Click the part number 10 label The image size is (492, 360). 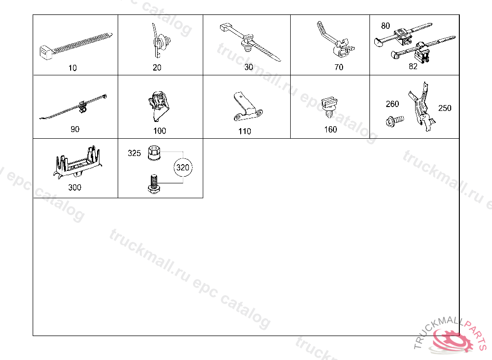(x=73, y=68)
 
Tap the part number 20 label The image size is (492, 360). (x=157, y=67)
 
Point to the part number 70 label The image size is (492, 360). (x=339, y=67)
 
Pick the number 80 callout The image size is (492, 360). (x=385, y=26)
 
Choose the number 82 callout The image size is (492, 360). (x=413, y=66)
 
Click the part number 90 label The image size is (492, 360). (x=75, y=129)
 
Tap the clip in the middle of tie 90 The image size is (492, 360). (x=83, y=107)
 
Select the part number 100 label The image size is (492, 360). (x=160, y=131)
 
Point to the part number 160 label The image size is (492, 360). (x=331, y=130)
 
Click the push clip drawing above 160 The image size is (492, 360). (x=329, y=107)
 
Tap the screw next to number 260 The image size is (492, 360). (x=394, y=121)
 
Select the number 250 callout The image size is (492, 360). (x=444, y=108)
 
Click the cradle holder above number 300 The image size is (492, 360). (x=77, y=162)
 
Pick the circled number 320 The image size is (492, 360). (x=183, y=168)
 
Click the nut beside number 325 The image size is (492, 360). (x=154, y=153)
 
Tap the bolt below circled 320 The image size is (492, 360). (x=153, y=184)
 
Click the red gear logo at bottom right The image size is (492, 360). (x=452, y=340)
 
